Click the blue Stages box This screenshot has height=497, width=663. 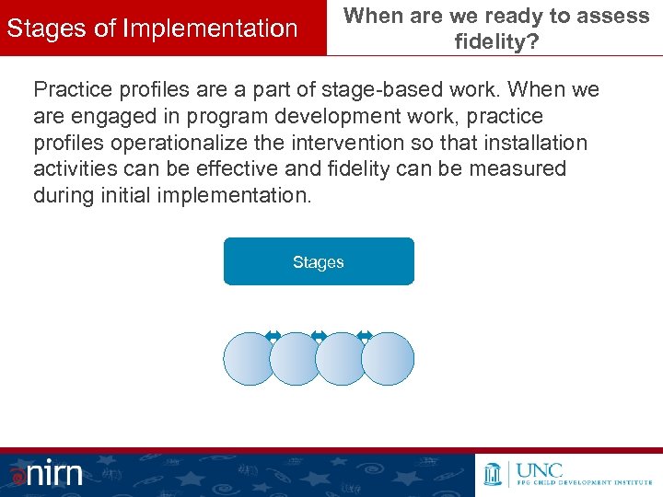[x=319, y=262]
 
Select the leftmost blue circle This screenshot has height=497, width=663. [x=249, y=359]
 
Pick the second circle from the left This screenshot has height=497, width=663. [x=295, y=359]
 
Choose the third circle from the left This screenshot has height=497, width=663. [x=342, y=359]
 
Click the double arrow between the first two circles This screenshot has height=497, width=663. [x=273, y=336]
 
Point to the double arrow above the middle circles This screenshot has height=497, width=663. [x=319, y=336]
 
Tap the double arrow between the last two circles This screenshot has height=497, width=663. [x=365, y=336]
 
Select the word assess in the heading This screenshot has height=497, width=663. [x=616, y=17]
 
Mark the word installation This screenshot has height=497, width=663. [x=535, y=143]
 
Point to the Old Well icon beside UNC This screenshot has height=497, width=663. [x=493, y=473]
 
